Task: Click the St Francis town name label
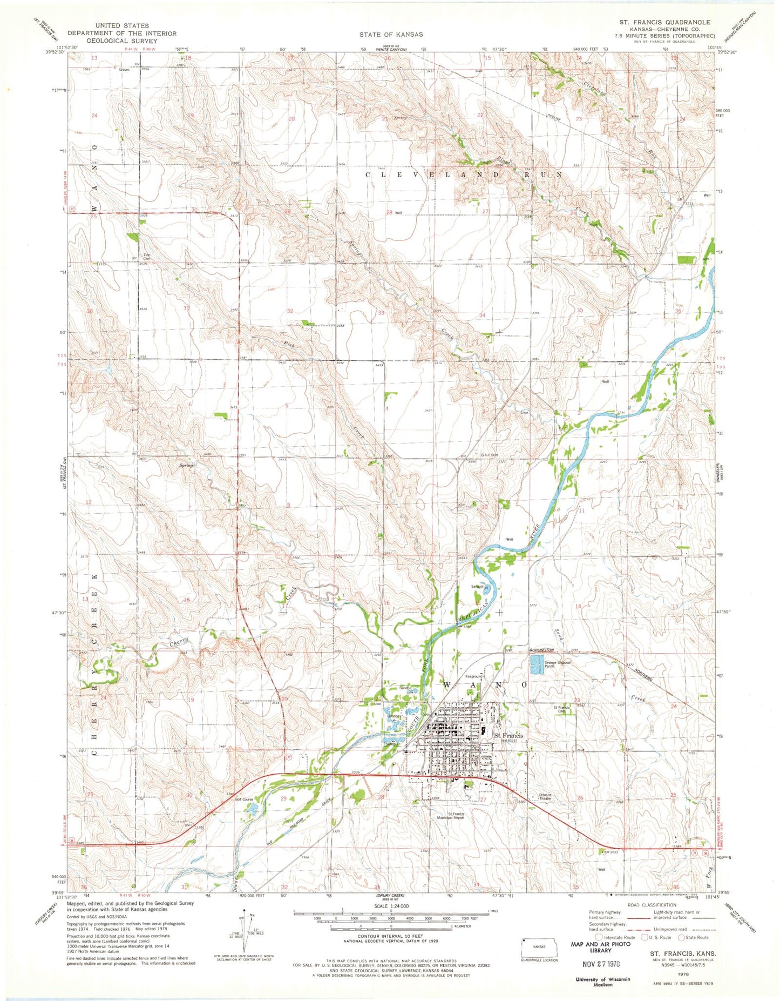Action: (509, 735)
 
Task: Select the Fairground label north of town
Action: (474, 676)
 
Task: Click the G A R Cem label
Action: (490, 455)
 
